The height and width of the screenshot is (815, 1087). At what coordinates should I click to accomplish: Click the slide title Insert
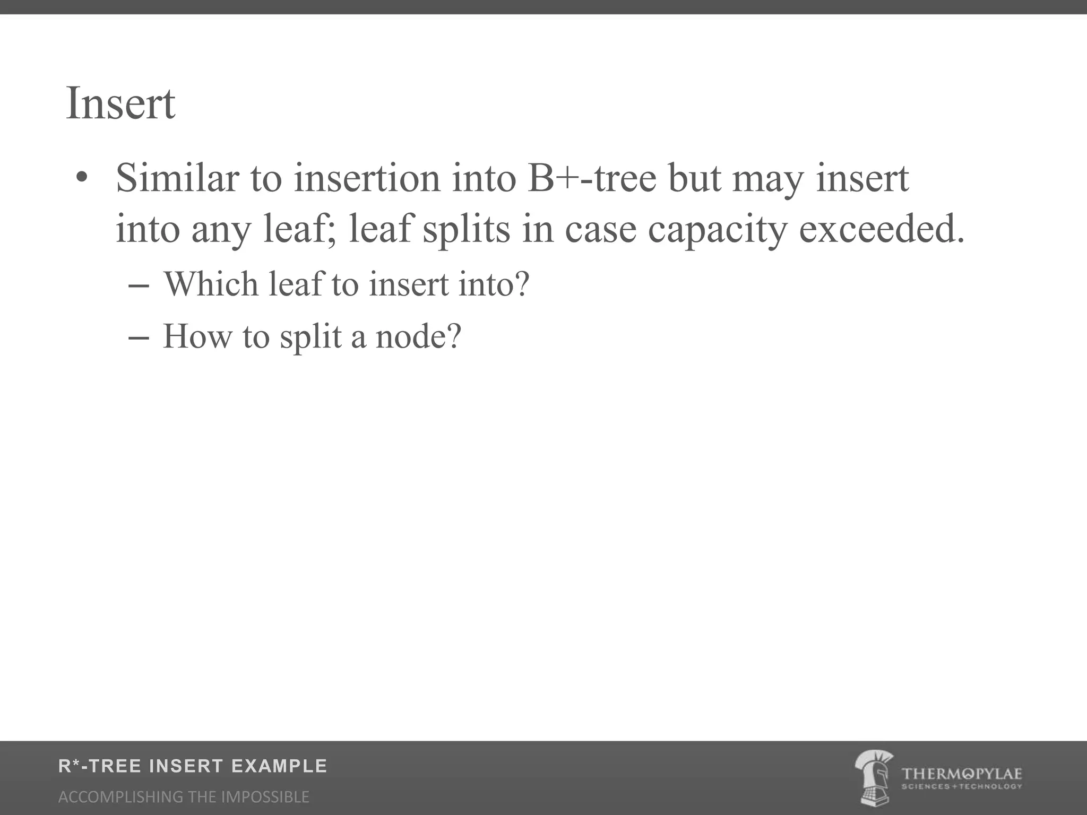120,103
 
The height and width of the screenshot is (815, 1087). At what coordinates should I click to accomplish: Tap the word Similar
177,178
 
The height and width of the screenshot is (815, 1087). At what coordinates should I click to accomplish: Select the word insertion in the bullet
367,178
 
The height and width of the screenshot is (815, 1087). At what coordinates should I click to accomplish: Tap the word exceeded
882,230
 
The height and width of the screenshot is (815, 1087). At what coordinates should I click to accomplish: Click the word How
197,336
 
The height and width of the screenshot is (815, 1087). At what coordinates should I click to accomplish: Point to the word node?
419,336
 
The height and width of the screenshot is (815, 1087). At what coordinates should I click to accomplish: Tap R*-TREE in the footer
100,766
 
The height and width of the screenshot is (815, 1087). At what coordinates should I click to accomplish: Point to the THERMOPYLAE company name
961,774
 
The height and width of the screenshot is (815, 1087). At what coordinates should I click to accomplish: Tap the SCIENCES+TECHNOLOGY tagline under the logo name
961,786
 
